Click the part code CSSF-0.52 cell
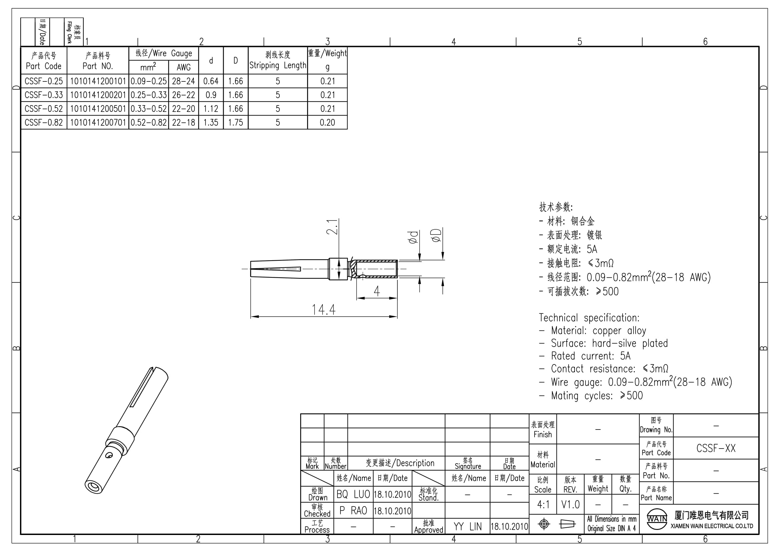pos(44,109)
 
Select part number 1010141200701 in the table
pos(98,122)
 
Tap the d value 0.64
pos(211,81)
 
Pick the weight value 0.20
pos(327,122)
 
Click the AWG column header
pos(183,67)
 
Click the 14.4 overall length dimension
pos(323,310)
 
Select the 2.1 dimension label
pos(332,227)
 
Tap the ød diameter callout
pos(413,237)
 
